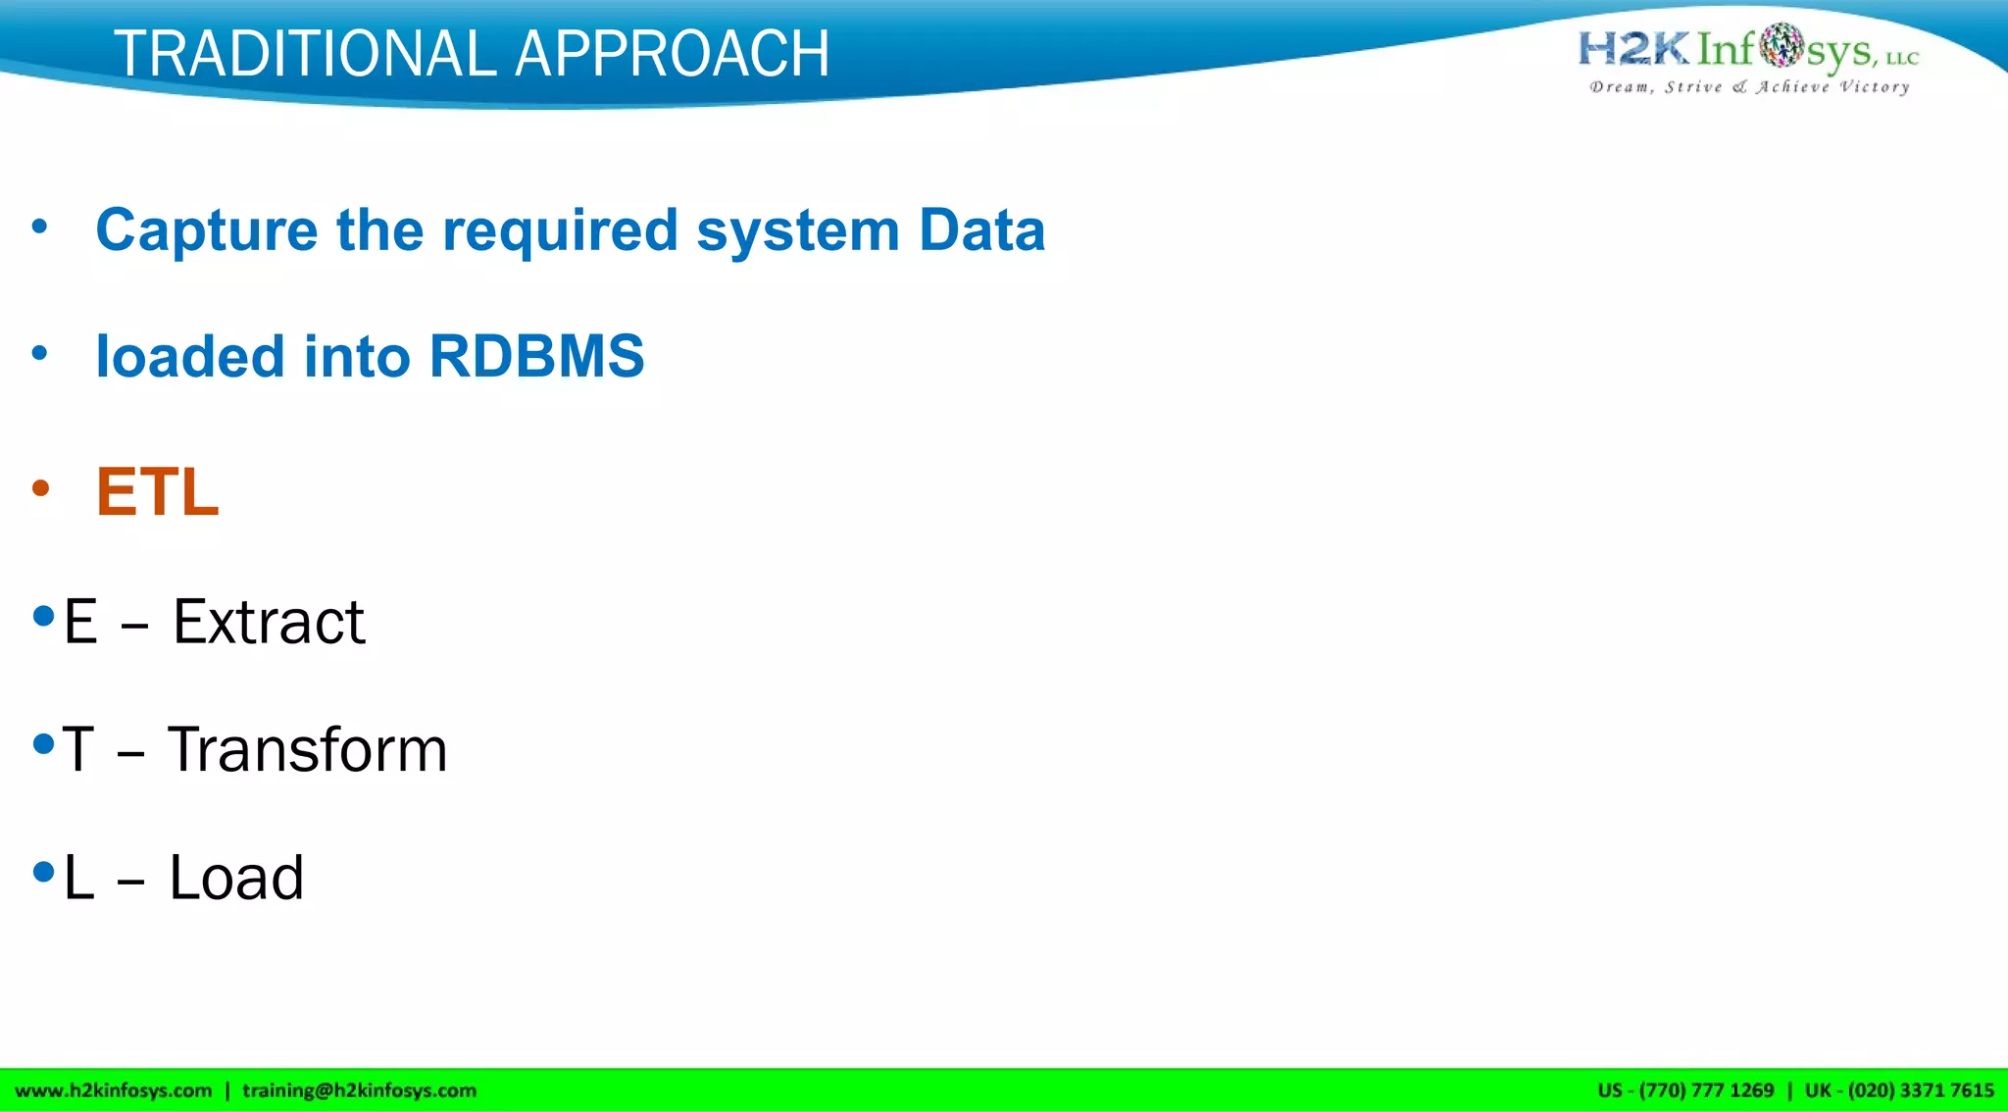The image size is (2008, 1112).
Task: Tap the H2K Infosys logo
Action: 1747,48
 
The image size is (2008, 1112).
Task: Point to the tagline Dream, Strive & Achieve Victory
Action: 1749,87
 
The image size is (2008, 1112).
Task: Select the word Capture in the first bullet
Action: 206,231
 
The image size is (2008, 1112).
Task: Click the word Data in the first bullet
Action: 981,231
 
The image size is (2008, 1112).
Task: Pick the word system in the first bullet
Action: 797,231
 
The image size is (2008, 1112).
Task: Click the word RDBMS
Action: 536,356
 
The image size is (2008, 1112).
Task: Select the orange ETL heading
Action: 157,491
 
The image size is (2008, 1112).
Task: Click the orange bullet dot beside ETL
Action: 40,488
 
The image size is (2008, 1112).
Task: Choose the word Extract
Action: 269,622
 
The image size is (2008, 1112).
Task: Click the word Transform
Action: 307,750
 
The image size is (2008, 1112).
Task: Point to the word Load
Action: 236,878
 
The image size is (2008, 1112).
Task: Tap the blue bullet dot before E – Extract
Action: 43,617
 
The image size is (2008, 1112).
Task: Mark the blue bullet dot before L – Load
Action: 43,872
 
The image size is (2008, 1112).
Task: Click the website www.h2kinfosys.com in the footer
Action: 114,1090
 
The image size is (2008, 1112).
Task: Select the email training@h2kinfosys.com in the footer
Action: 359,1090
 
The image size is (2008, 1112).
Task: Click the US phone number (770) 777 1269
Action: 1706,1090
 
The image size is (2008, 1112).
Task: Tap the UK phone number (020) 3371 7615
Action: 1920,1090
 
